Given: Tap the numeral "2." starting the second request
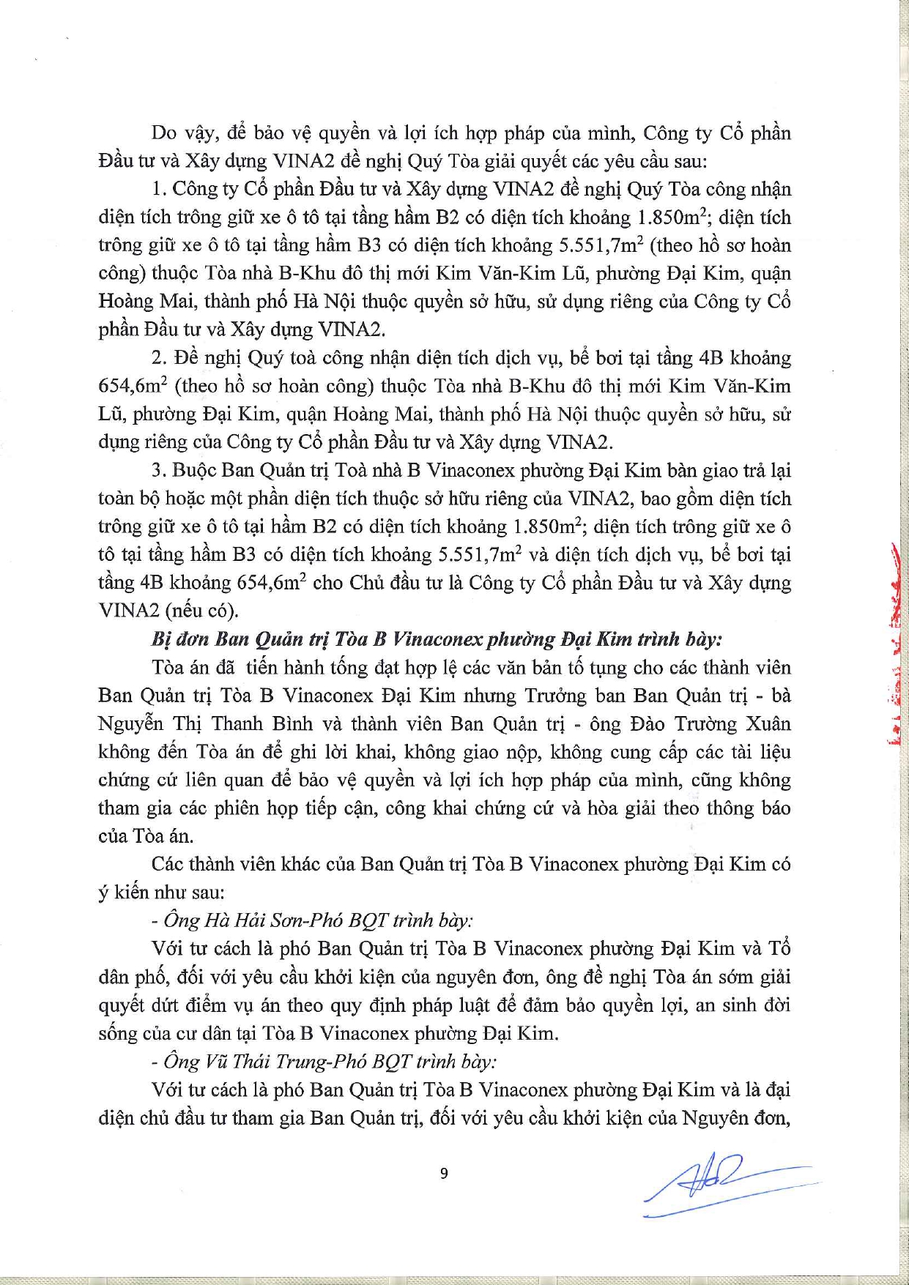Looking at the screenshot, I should point(160,358).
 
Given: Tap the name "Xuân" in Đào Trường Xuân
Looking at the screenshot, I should point(766,723).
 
